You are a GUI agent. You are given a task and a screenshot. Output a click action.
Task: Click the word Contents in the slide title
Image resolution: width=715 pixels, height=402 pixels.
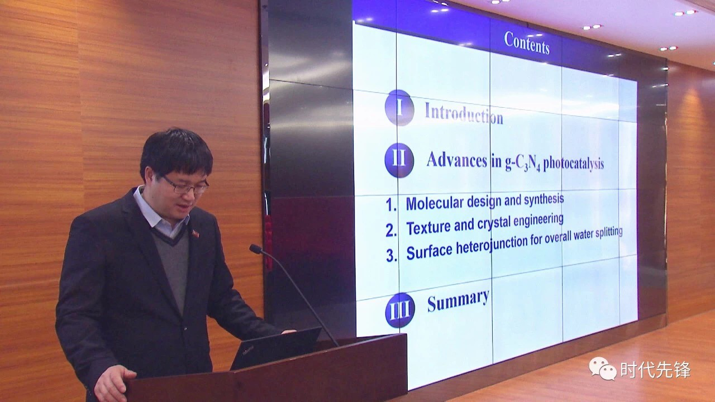pos(527,43)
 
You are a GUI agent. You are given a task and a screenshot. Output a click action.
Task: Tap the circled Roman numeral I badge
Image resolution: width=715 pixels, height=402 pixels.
pos(399,108)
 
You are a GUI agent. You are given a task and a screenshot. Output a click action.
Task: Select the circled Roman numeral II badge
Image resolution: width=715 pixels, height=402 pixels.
pos(399,160)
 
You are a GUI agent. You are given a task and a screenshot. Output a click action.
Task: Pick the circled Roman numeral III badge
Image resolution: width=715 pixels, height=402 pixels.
pos(400,310)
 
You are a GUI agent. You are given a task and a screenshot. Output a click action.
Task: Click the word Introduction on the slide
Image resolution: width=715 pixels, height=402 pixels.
pos(464,114)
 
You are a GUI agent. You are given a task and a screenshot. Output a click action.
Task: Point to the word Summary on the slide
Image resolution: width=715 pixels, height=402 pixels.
pos(458,300)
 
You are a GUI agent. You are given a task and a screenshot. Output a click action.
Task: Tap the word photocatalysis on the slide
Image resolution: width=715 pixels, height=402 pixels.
pos(574,164)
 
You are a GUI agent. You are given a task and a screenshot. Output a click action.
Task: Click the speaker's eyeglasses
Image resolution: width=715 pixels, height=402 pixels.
pos(185,185)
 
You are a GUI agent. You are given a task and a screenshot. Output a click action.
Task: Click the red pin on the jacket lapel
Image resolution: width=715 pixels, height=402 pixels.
pos(196,233)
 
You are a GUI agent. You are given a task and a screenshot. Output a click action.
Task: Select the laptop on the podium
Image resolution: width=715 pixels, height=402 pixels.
pos(275,348)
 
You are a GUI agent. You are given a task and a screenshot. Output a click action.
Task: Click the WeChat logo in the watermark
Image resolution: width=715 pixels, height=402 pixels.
pos(603,368)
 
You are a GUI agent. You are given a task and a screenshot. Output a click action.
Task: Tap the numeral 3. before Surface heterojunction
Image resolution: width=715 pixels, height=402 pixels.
pos(392,255)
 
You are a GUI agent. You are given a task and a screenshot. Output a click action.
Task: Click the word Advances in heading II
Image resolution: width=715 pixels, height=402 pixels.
pos(457,160)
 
